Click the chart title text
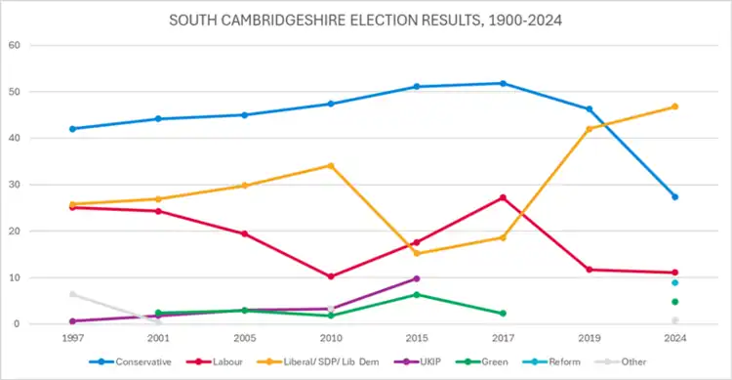pyautogui.click(x=365, y=21)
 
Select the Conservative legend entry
pyautogui.click(x=130, y=361)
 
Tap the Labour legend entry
pyautogui.click(x=215, y=361)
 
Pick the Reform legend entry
pyautogui.click(x=551, y=361)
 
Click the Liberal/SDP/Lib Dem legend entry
pyautogui.click(x=318, y=361)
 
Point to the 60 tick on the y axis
pyautogui.click(x=14, y=45)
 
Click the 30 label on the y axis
pyautogui.click(x=14, y=185)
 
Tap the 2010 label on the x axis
pyautogui.click(x=331, y=338)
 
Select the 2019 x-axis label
pyautogui.click(x=590, y=338)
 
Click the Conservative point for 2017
pyautogui.click(x=503, y=84)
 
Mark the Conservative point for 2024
pyautogui.click(x=675, y=197)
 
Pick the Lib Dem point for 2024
pyautogui.click(x=675, y=106)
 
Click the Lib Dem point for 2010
pyautogui.click(x=331, y=166)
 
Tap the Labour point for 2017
pyautogui.click(x=503, y=197)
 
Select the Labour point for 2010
pyautogui.click(x=331, y=276)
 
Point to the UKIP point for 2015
pyautogui.click(x=417, y=278)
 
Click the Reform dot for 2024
pyautogui.click(x=675, y=282)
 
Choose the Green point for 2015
pyautogui.click(x=417, y=295)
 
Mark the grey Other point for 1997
pyautogui.click(x=73, y=294)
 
